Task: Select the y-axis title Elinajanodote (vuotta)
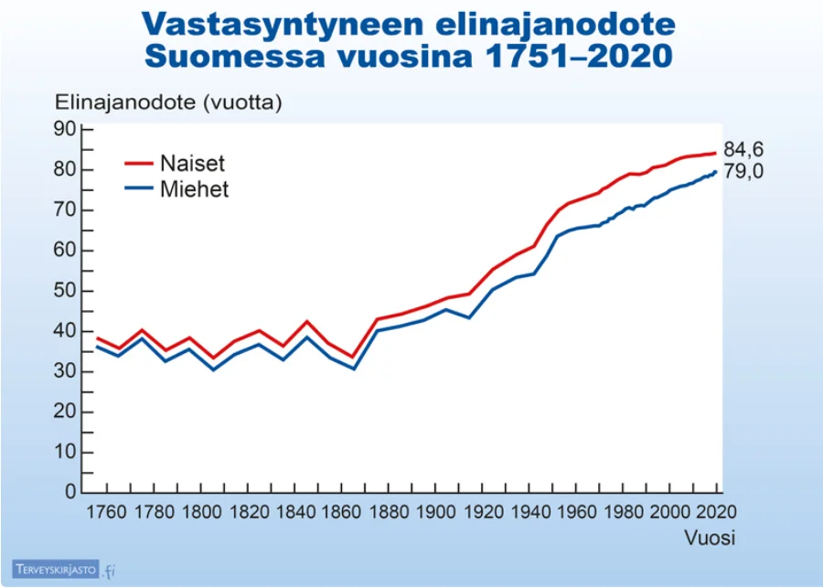[169, 102]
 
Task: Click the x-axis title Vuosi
[711, 538]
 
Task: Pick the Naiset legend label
[192, 165]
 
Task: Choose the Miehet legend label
[194, 190]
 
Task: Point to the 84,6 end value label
[743, 150]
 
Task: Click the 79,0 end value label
[743, 172]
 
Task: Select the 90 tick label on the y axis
[63, 129]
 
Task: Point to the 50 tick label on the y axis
[63, 291]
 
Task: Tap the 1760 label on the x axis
[109, 511]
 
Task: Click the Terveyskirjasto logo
[64, 571]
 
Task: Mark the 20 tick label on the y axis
[63, 412]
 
